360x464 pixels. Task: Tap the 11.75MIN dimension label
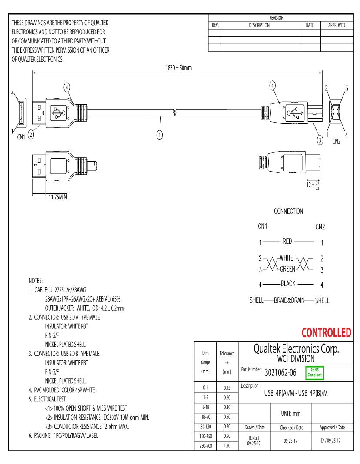coord(58,199)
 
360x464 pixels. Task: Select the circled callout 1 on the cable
coord(160,134)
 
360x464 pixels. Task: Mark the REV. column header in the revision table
coord(215,25)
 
